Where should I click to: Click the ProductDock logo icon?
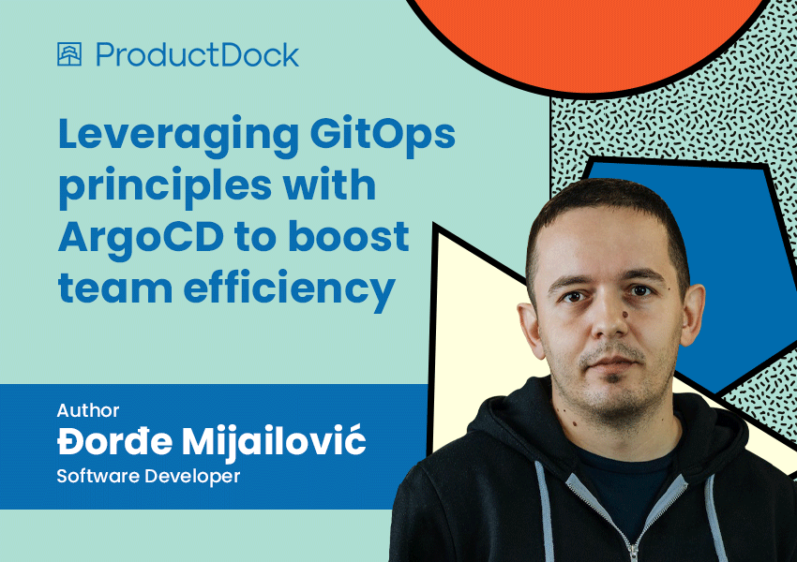(x=69, y=53)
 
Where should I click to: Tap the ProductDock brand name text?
(x=197, y=55)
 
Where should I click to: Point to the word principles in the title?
(x=165, y=185)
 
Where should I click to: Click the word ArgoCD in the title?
(x=141, y=238)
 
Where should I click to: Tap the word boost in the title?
(x=349, y=236)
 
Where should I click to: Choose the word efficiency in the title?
(x=289, y=289)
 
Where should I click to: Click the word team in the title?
(x=115, y=288)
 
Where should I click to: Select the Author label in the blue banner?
(x=88, y=410)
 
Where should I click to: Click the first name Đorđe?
(x=115, y=440)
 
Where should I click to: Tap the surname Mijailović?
(x=274, y=443)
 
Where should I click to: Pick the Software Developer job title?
(x=148, y=476)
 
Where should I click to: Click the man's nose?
(x=609, y=319)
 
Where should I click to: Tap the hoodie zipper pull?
(x=633, y=554)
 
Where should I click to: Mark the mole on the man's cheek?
(x=624, y=316)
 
